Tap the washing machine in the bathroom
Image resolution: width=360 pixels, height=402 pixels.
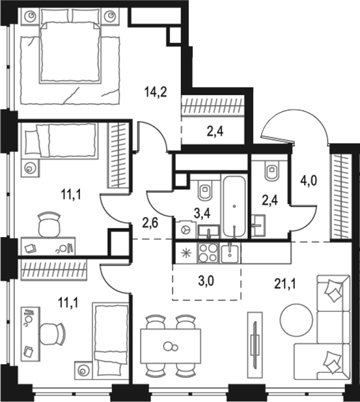(185, 230)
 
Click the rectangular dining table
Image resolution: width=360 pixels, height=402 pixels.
(171, 345)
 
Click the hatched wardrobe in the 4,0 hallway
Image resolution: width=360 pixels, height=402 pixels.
(340, 195)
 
